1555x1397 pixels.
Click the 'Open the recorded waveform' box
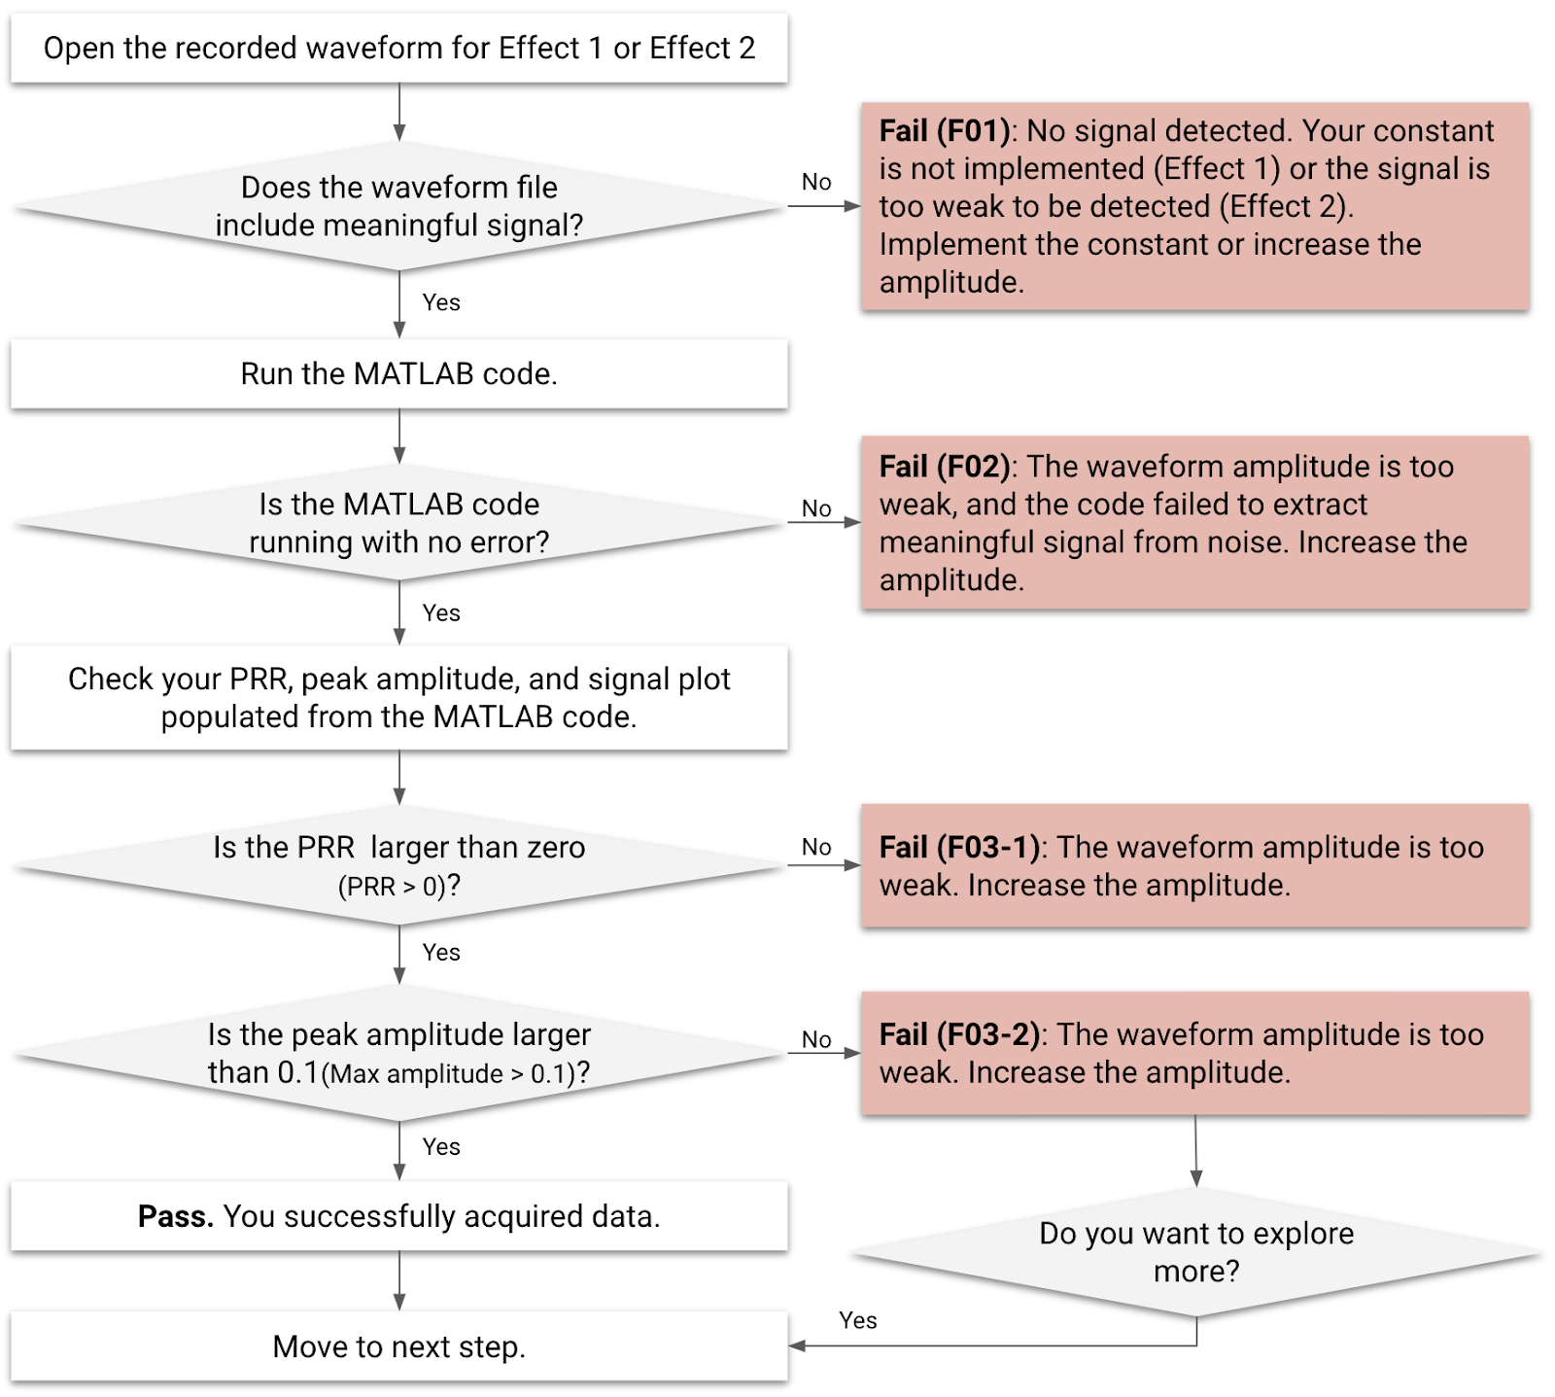[398, 48]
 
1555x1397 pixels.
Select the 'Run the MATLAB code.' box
[398, 373]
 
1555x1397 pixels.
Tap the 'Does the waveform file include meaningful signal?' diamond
[398, 206]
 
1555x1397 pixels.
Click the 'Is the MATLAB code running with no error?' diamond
[398, 523]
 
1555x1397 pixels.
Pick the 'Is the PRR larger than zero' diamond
[398, 865]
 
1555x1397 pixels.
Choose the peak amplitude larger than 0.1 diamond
[398, 1053]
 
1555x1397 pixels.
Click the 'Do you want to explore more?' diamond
[1195, 1252]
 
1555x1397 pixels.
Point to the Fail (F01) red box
[1194, 206]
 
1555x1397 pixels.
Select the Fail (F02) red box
[1194, 523]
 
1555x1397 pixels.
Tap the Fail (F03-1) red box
[1194, 865]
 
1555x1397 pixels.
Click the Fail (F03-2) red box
[1194, 1053]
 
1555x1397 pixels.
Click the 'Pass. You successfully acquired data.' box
[398, 1216]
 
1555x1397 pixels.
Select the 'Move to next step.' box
[398, 1346]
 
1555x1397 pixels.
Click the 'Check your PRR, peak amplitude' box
[398, 697]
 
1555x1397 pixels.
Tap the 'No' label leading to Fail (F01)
[816, 182]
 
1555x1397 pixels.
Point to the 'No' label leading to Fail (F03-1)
[816, 847]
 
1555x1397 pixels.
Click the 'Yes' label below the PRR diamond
[440, 953]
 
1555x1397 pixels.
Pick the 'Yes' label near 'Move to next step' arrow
[857, 1320]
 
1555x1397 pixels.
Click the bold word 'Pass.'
[175, 1216]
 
